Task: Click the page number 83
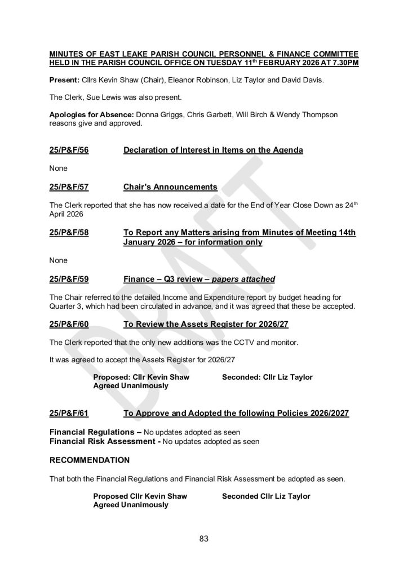click(204, 539)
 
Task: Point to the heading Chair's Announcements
click(170, 187)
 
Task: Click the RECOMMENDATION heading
click(90, 460)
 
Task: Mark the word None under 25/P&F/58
click(59, 260)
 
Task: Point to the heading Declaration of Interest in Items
click(213, 150)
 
